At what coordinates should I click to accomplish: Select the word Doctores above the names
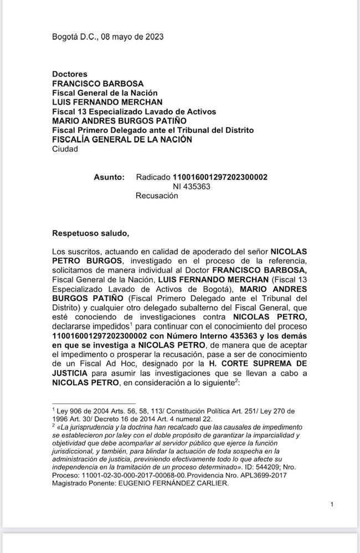pos(69,74)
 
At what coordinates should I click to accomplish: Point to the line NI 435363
pos(191,186)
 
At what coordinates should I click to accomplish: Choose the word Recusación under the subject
pos(157,196)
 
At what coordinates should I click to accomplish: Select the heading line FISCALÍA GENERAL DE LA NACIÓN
pos(122,140)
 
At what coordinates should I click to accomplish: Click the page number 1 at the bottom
pos(331,504)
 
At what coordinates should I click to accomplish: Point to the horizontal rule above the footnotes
pos(94,404)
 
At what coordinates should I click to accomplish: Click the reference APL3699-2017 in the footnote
pos(274,475)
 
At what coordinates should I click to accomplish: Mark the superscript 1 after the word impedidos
pos(131,324)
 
